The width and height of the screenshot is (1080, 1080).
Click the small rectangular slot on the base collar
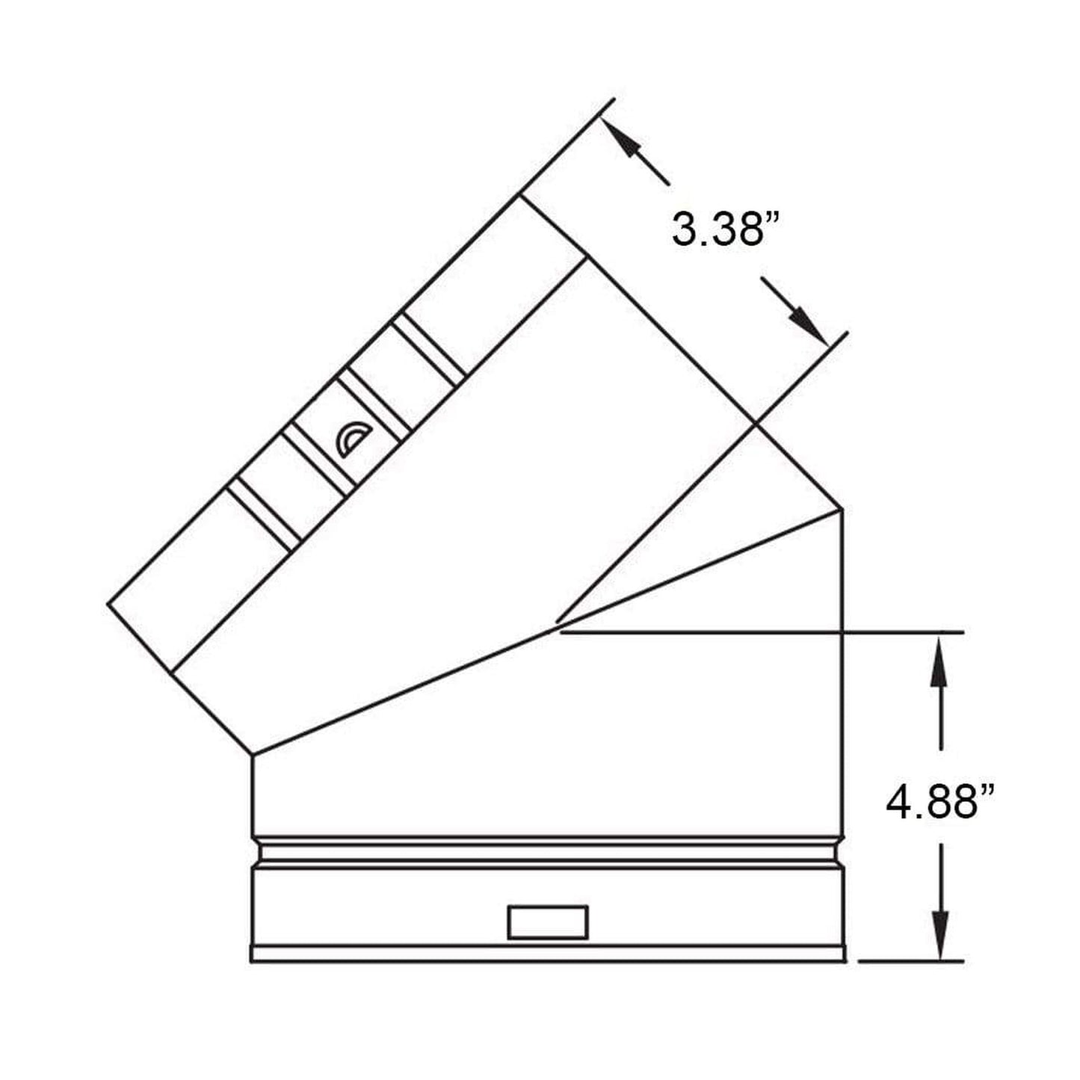[548, 922]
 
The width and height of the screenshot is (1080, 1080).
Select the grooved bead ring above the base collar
[548, 852]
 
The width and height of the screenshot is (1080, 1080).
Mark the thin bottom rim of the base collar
[548, 954]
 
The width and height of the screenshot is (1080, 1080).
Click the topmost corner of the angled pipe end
[522, 195]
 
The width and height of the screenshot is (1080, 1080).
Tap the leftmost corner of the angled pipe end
[108, 604]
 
